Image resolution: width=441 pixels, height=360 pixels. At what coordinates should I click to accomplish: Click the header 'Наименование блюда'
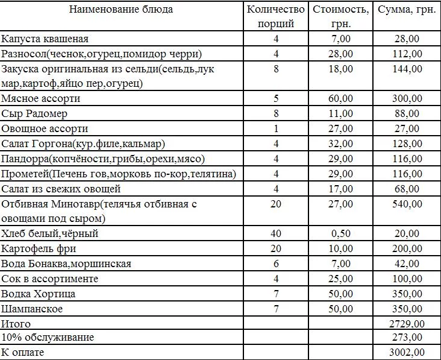tap(120, 10)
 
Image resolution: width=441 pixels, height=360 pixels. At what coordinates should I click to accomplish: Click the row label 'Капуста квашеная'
tap(45, 39)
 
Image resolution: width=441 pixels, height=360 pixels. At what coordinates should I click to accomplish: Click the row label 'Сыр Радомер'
tap(34, 114)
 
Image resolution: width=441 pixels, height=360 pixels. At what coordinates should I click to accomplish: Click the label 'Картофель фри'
tap(39, 249)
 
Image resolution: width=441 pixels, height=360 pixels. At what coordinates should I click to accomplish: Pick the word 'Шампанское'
tap(32, 309)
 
